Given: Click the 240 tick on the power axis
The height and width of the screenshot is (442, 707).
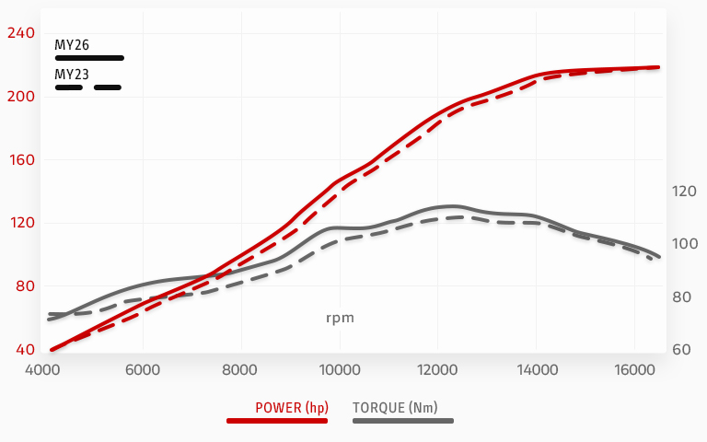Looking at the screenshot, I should (x=20, y=33).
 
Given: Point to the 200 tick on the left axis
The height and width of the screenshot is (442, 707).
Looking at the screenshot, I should (x=20, y=97).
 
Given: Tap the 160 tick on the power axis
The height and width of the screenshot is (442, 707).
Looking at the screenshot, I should (x=20, y=159).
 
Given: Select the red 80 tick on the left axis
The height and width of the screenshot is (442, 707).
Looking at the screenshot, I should (x=24, y=286).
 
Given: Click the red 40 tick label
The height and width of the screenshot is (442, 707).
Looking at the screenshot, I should (x=24, y=350).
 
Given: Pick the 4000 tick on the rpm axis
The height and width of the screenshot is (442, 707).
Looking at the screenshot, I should (x=43, y=370).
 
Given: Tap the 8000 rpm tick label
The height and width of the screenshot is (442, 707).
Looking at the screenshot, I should (x=241, y=370).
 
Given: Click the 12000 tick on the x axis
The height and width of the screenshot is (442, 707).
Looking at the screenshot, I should (x=439, y=370).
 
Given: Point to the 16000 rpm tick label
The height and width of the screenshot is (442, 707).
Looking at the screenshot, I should (x=636, y=370).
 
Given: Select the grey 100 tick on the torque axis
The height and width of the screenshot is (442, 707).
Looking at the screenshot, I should (x=684, y=244).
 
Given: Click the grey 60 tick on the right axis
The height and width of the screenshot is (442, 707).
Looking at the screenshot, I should (x=682, y=350).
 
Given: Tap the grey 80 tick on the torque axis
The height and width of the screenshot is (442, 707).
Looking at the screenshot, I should (x=682, y=297).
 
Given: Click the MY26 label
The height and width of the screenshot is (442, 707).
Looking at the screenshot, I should (x=72, y=43).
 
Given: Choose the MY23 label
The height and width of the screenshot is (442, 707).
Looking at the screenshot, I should (x=72, y=74).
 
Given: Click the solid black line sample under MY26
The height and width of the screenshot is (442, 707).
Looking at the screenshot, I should (x=89, y=58).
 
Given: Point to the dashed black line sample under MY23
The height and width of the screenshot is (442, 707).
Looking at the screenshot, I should (x=88, y=87).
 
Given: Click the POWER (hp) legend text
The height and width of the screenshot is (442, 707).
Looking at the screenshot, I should (x=292, y=407).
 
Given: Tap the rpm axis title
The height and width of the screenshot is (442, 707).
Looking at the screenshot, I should (x=340, y=319).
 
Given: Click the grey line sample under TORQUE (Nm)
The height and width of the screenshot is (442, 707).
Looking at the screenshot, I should (x=403, y=421).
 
